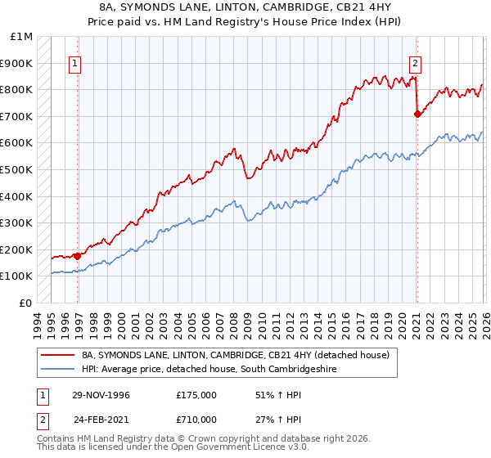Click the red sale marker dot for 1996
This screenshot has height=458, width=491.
(78, 256)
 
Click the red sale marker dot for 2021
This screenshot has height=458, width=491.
(417, 114)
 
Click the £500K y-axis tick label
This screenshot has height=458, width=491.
(17, 169)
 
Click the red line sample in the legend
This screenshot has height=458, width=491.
(58, 355)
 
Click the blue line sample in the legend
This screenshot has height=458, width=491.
(58, 370)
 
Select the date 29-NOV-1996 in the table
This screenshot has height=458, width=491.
(101, 395)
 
